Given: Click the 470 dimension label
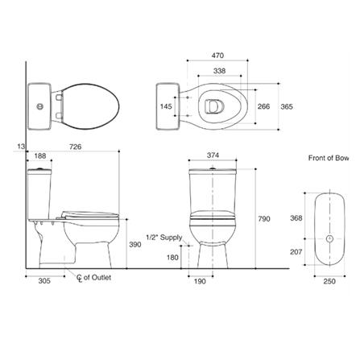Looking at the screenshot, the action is [x=217, y=56].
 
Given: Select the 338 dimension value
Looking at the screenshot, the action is [x=219, y=71].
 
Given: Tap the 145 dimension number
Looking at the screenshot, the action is [x=166, y=106].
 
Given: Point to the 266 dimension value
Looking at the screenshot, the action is [x=263, y=106].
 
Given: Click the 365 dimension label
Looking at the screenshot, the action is [x=287, y=106].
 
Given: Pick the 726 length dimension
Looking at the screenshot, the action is [x=75, y=147].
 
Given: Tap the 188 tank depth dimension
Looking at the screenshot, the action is [x=40, y=156].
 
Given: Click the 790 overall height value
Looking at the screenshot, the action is [x=264, y=219].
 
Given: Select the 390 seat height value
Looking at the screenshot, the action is [x=135, y=245].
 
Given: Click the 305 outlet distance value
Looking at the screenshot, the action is [x=44, y=281].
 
